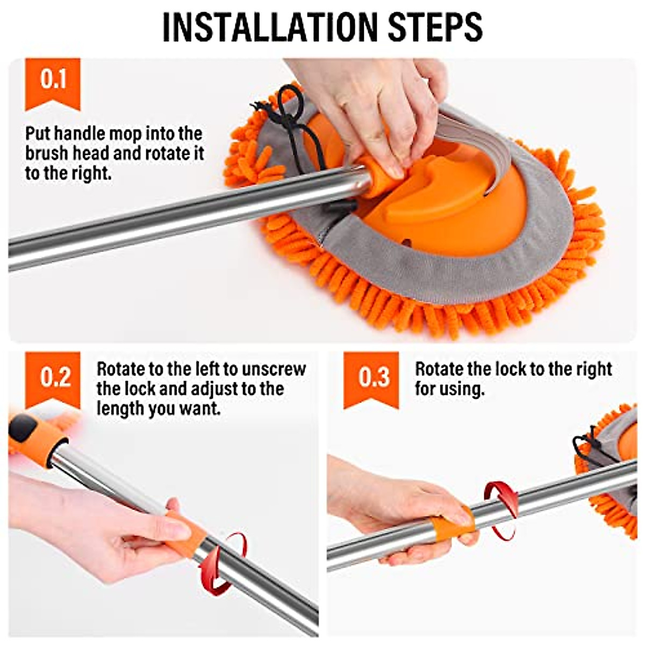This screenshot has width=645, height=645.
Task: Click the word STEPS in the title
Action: tap(435, 27)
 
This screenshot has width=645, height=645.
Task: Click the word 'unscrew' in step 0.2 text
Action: tap(274, 369)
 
